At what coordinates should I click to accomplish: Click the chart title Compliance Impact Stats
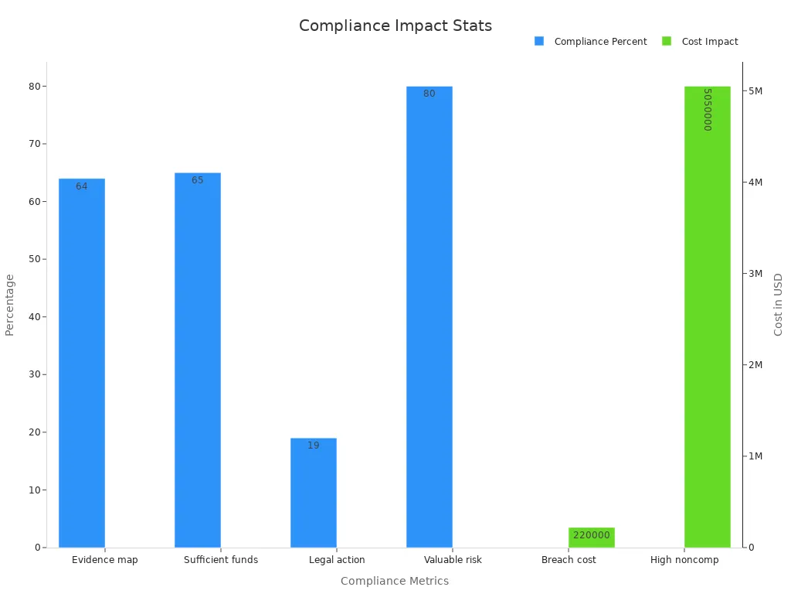tap(395, 26)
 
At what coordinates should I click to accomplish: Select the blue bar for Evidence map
tap(82, 363)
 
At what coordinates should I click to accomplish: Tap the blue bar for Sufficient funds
tap(198, 360)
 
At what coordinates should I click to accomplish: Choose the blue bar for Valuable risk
tap(429, 317)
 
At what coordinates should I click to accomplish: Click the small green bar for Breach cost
tap(592, 538)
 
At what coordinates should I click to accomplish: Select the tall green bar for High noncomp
tap(707, 317)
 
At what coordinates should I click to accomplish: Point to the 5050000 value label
tap(707, 109)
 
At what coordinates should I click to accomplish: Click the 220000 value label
tap(592, 535)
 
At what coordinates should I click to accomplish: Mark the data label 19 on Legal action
tap(314, 445)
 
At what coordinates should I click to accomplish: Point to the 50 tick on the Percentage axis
tap(34, 259)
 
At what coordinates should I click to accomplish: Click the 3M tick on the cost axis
tap(755, 274)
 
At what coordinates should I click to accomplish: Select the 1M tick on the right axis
tap(755, 456)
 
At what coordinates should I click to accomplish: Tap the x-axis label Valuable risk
tap(453, 560)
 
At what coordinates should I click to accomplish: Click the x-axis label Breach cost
tap(569, 560)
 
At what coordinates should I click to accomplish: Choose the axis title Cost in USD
tap(778, 304)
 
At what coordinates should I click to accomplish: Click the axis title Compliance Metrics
tap(395, 581)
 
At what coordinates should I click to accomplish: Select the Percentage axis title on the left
tap(10, 304)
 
